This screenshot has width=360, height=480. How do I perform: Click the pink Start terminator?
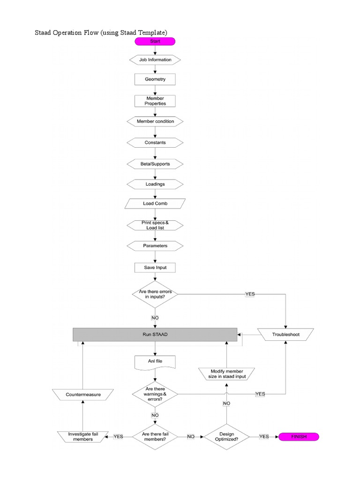pyautogui.click(x=155, y=42)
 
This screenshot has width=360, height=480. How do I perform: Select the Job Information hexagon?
pyautogui.click(x=155, y=60)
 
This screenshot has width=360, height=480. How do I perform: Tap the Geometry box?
pyautogui.click(x=155, y=79)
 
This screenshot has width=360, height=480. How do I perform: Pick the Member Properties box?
pyautogui.click(x=155, y=101)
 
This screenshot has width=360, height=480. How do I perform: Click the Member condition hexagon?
pyautogui.click(x=155, y=121)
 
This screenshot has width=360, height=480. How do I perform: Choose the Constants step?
pyautogui.click(x=155, y=142)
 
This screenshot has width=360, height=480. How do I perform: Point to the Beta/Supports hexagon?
pyautogui.click(x=155, y=164)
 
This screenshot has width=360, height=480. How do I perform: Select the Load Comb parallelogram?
pyautogui.click(x=155, y=204)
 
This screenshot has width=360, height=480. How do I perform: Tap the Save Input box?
pyautogui.click(x=155, y=268)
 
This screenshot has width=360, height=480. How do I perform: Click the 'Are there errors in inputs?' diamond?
pyautogui.click(x=155, y=294)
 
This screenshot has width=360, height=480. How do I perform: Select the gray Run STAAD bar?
pyautogui.click(x=155, y=335)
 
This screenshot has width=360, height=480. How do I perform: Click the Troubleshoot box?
pyautogui.click(x=285, y=335)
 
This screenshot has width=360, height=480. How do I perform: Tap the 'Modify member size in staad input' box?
pyautogui.click(x=226, y=374)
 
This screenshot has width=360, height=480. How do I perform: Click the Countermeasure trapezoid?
pyautogui.click(x=83, y=395)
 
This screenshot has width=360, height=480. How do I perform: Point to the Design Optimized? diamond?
pyautogui.click(x=226, y=436)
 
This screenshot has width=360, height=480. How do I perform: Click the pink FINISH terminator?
pyautogui.click(x=299, y=436)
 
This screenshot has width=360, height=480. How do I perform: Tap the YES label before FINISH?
pyautogui.click(x=264, y=436)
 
